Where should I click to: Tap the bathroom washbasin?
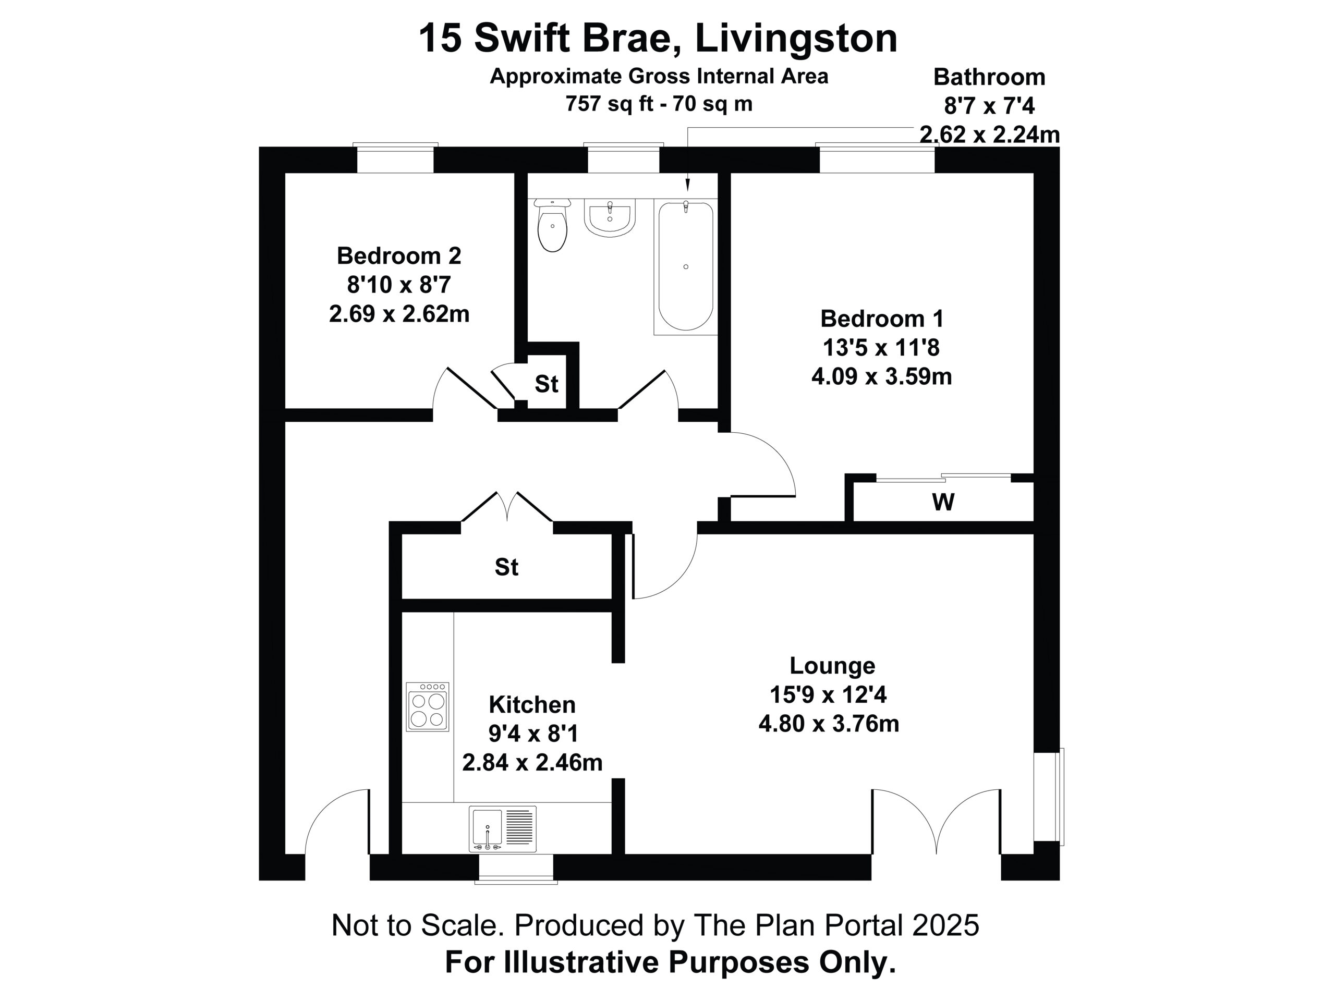click(610, 218)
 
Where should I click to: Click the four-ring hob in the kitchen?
click(427, 706)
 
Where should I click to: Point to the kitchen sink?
click(503, 829)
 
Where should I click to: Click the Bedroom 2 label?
click(399, 256)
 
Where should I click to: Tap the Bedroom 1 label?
click(881, 319)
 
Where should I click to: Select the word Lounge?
click(832, 666)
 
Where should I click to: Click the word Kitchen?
click(532, 705)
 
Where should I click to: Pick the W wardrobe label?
click(943, 502)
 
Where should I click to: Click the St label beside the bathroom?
click(546, 384)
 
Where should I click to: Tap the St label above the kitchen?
click(506, 567)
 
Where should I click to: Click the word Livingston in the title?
click(796, 38)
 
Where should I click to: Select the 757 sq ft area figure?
click(610, 104)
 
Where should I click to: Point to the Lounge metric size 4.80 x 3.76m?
click(829, 724)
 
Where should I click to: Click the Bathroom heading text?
click(989, 77)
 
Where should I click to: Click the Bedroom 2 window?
click(395, 158)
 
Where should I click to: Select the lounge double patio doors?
click(936, 821)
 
